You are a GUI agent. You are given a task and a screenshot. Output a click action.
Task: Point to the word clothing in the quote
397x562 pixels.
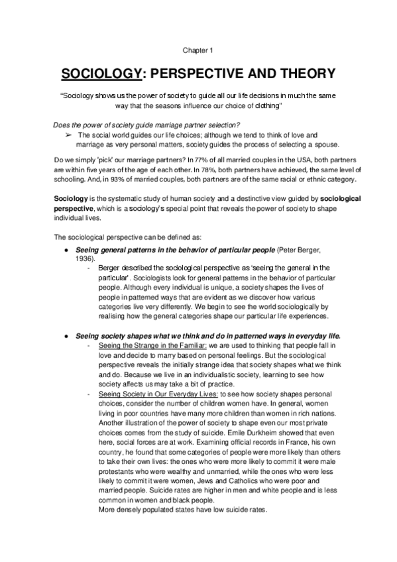(x=262, y=106)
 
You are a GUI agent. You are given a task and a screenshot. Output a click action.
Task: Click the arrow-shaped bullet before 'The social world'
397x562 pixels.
(x=68, y=135)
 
